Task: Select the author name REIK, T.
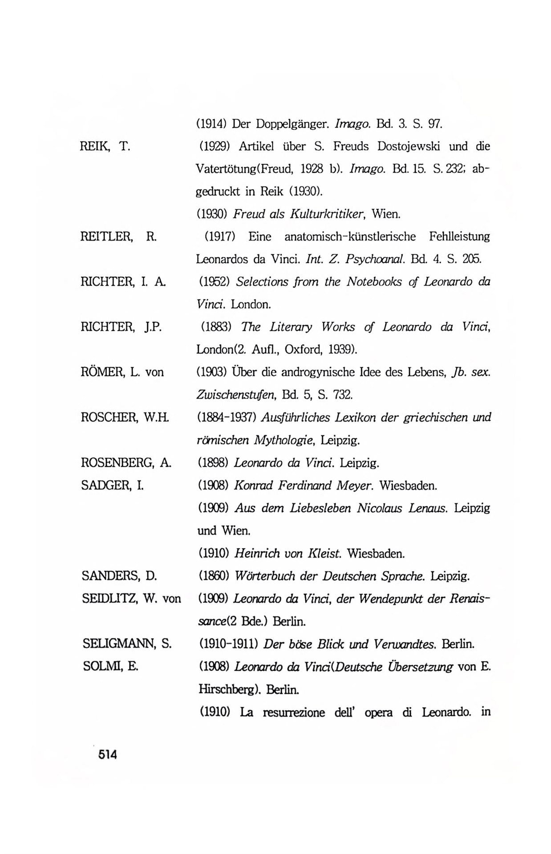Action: click(x=105, y=146)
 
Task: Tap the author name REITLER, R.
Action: click(x=118, y=237)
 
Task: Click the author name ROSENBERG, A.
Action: click(x=126, y=463)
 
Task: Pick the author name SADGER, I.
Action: click(x=112, y=485)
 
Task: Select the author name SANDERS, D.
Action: click(x=119, y=576)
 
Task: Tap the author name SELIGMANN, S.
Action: click(x=127, y=644)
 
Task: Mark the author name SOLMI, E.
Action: click(x=110, y=666)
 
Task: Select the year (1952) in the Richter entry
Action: click(x=213, y=282)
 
